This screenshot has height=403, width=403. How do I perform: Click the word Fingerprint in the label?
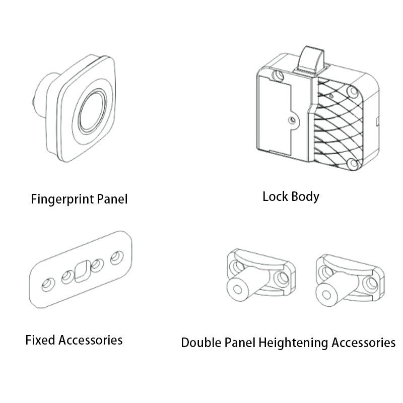point(62,199)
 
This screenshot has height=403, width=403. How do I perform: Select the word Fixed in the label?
point(40,340)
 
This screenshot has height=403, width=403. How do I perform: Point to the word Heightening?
point(293,343)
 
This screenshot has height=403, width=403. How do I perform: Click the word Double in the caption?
point(200,343)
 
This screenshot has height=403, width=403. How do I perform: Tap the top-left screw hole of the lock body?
point(278,76)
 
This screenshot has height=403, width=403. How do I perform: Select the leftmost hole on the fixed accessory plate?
point(48,285)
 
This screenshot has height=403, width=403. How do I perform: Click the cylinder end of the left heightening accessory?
point(238,290)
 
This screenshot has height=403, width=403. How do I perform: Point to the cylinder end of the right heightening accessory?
point(326,295)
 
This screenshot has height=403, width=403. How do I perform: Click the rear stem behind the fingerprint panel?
point(44,95)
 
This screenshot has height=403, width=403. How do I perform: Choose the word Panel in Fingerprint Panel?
point(112,199)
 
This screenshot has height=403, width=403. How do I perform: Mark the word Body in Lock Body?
point(305,197)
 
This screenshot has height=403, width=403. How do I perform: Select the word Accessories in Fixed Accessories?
point(90,340)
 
